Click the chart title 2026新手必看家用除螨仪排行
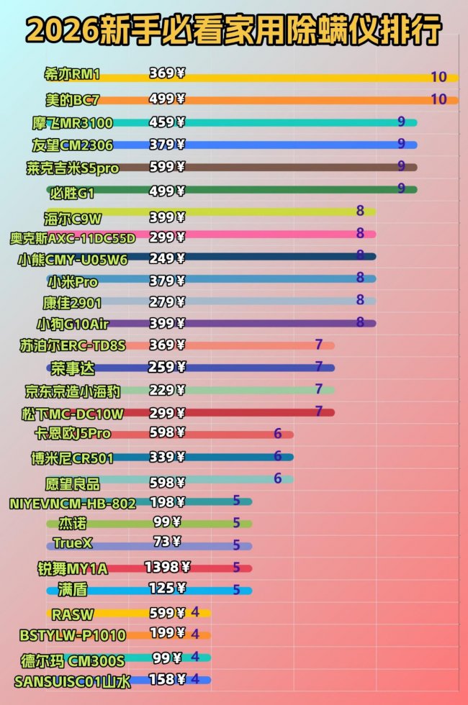pos(234,30)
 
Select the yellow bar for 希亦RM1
pos(302,78)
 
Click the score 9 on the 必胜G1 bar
pos(401,190)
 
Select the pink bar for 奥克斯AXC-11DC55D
pos(274,234)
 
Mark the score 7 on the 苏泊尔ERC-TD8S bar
pos(318,345)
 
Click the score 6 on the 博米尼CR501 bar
pos(277,457)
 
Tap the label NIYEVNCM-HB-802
pos(73,504)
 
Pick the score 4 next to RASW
pos(195,612)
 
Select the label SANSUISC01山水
pos(73,680)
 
